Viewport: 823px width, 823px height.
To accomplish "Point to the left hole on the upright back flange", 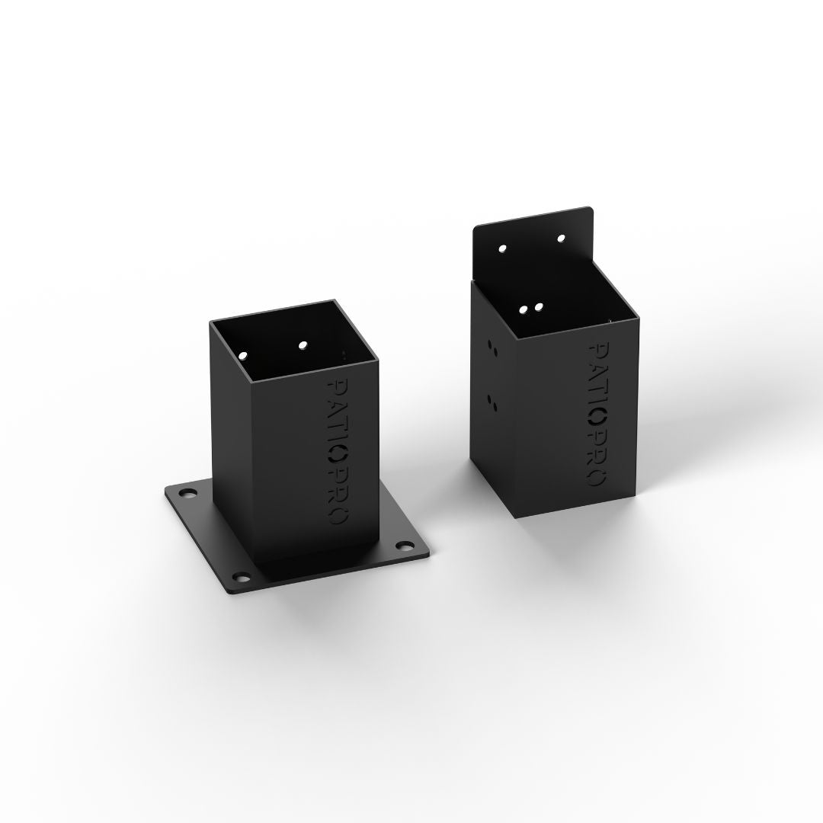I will pos(502,248).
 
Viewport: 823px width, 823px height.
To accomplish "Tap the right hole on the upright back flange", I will pos(561,239).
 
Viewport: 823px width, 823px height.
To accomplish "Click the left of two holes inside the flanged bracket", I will pos(525,309).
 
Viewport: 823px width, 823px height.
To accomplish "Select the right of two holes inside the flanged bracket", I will pos(539,307).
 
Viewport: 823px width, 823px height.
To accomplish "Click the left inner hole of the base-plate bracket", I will pos(243,355).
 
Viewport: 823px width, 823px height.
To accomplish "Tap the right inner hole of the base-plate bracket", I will pos(303,345).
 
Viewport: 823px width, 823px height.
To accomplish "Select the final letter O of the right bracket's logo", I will pos(599,479).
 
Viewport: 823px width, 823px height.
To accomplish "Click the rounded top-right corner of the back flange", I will pos(589,210).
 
